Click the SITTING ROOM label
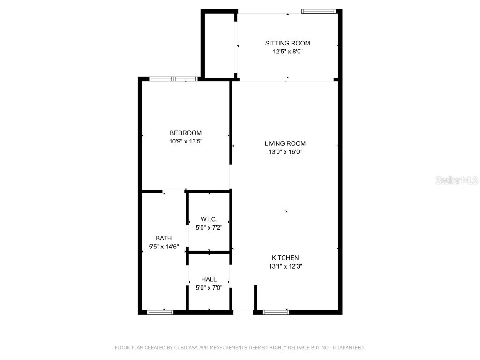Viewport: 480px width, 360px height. pyautogui.click(x=288, y=43)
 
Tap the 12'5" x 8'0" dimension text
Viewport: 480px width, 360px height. pyautogui.click(x=288, y=52)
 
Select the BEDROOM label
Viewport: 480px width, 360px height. pyautogui.click(x=186, y=133)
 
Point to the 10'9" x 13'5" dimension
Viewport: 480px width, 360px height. pyautogui.click(x=186, y=141)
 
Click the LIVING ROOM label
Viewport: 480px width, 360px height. pyautogui.click(x=285, y=143)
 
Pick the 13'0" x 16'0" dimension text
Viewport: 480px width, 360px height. pyautogui.click(x=285, y=152)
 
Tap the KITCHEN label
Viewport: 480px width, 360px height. pyautogui.click(x=285, y=258)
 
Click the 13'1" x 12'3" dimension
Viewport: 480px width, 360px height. pyautogui.click(x=285, y=266)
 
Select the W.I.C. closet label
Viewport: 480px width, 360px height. pyautogui.click(x=209, y=219)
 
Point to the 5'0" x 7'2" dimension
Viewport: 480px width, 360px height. pyautogui.click(x=209, y=227)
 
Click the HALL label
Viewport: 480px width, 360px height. pyautogui.click(x=209, y=279)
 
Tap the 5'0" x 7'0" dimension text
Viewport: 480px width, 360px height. pyautogui.click(x=209, y=288)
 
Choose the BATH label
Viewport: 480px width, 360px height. pyautogui.click(x=164, y=238)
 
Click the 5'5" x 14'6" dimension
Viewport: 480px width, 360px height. pyautogui.click(x=164, y=247)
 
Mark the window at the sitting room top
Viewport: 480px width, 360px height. pyautogui.click(x=319, y=11)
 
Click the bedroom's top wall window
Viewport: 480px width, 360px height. pyautogui.click(x=173, y=78)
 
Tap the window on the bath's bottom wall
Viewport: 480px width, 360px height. pyautogui.click(x=160, y=312)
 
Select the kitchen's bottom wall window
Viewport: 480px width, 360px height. pyautogui.click(x=276, y=312)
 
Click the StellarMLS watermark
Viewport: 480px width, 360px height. pyautogui.click(x=457, y=180)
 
